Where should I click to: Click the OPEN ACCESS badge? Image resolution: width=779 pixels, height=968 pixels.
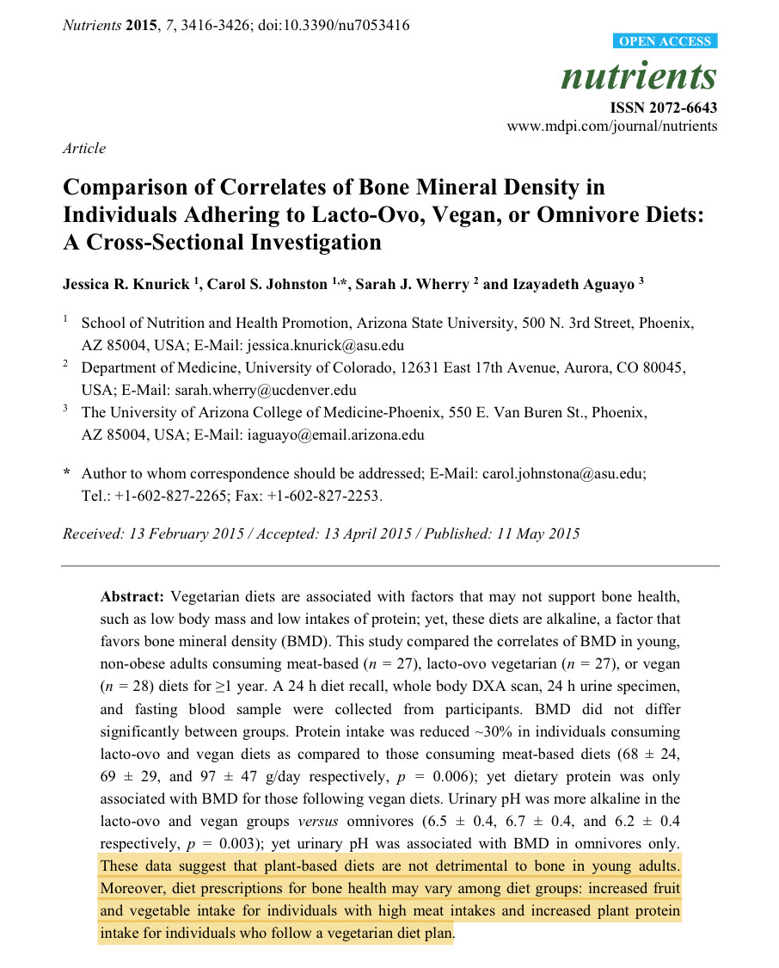pos(666,41)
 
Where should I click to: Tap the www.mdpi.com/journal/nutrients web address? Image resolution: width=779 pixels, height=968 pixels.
pos(611,126)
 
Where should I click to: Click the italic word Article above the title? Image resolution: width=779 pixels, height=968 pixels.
pos(84,148)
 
